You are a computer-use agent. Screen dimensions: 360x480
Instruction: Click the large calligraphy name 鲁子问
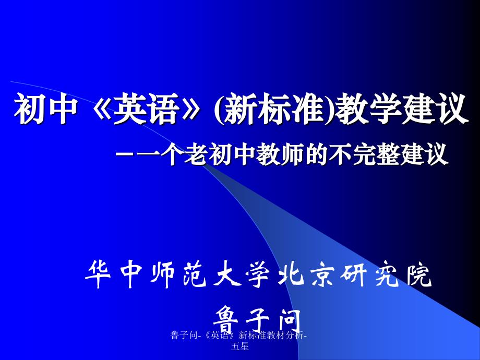tap(256, 314)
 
